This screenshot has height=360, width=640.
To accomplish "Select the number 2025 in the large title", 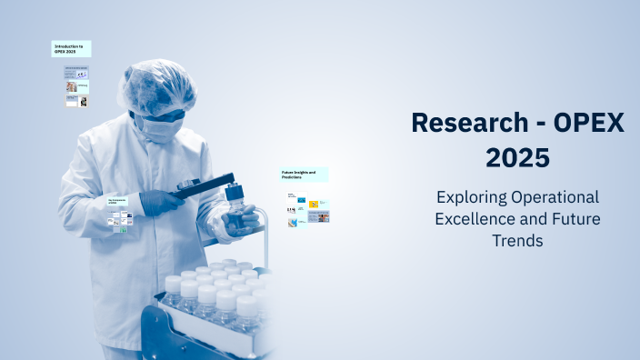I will coord(517,157).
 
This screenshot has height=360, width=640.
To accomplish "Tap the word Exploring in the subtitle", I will coord(470,197).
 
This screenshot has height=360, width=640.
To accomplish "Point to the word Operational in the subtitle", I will coord(555,197).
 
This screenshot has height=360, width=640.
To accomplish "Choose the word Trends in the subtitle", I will coord(517,241).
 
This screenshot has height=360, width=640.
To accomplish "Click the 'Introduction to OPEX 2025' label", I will coord(71,48).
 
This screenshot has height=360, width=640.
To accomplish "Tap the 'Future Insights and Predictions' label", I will coord(304,174).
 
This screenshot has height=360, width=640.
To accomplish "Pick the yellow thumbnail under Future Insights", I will coord(313,205).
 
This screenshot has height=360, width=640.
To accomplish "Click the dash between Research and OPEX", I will coord(535,124).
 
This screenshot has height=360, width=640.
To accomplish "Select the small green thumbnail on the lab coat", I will coord(119,228).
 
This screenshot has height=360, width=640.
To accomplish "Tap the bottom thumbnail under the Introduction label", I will coord(76,101).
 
